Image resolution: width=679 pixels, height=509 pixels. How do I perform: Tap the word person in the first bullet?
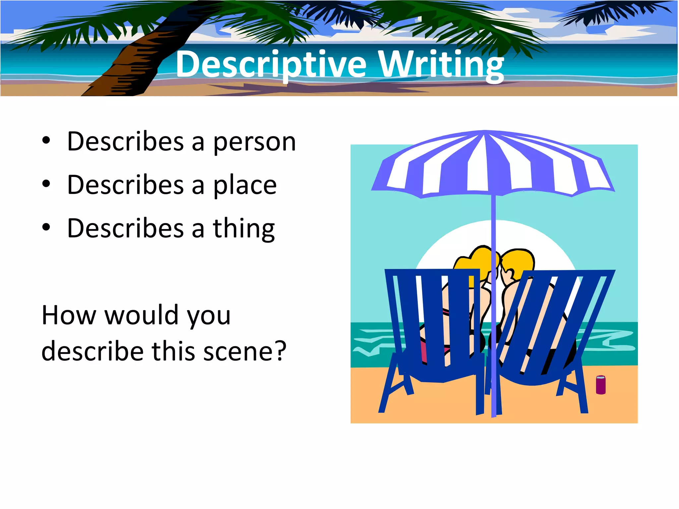(x=254, y=142)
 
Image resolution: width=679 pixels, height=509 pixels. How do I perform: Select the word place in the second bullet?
(x=245, y=185)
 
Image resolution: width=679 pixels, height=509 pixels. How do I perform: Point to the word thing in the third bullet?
(x=244, y=229)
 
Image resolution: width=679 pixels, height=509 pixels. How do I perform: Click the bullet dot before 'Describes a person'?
(x=46, y=141)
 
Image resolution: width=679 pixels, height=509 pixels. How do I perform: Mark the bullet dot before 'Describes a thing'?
(x=46, y=228)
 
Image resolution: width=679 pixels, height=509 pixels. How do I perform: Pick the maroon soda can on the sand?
(x=600, y=385)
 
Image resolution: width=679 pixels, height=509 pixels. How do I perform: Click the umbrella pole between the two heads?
(x=493, y=232)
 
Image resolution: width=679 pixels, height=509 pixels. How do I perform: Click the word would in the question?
(x=143, y=315)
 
